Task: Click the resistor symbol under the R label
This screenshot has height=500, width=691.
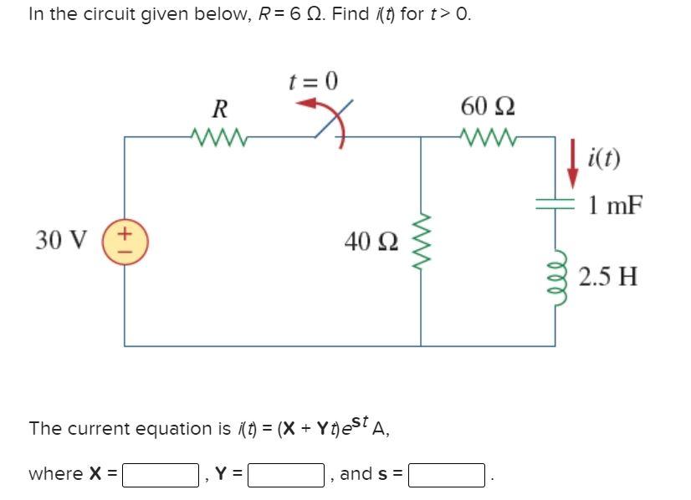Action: pos(216,135)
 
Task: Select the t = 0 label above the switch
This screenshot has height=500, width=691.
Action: pos(313,81)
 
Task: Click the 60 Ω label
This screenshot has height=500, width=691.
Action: pos(489,107)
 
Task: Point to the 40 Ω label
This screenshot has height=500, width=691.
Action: pos(371,242)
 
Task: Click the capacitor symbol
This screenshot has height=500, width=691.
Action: pos(554,202)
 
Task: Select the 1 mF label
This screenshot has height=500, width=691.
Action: pos(615,204)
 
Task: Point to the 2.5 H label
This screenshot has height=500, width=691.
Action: pos(608,277)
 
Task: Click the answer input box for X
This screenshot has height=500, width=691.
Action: pos(161,475)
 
